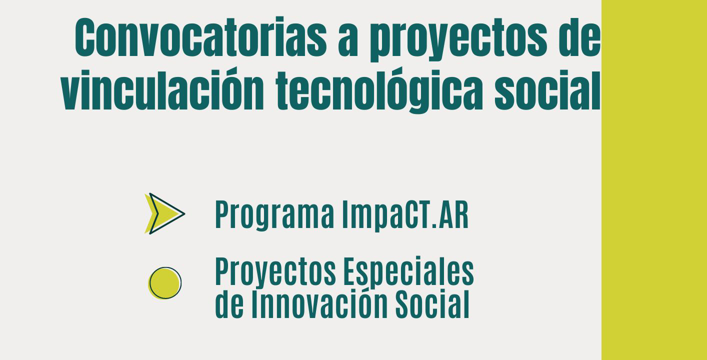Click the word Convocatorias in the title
tap(200, 36)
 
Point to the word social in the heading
tap(547, 90)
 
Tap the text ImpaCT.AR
tap(405, 215)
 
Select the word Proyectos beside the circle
tap(275, 272)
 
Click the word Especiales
tap(408, 272)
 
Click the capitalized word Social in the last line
tap(432, 303)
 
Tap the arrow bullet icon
tap(165, 213)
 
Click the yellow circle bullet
tap(165, 283)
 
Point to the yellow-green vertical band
tap(654, 180)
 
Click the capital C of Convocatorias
tap(85, 37)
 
